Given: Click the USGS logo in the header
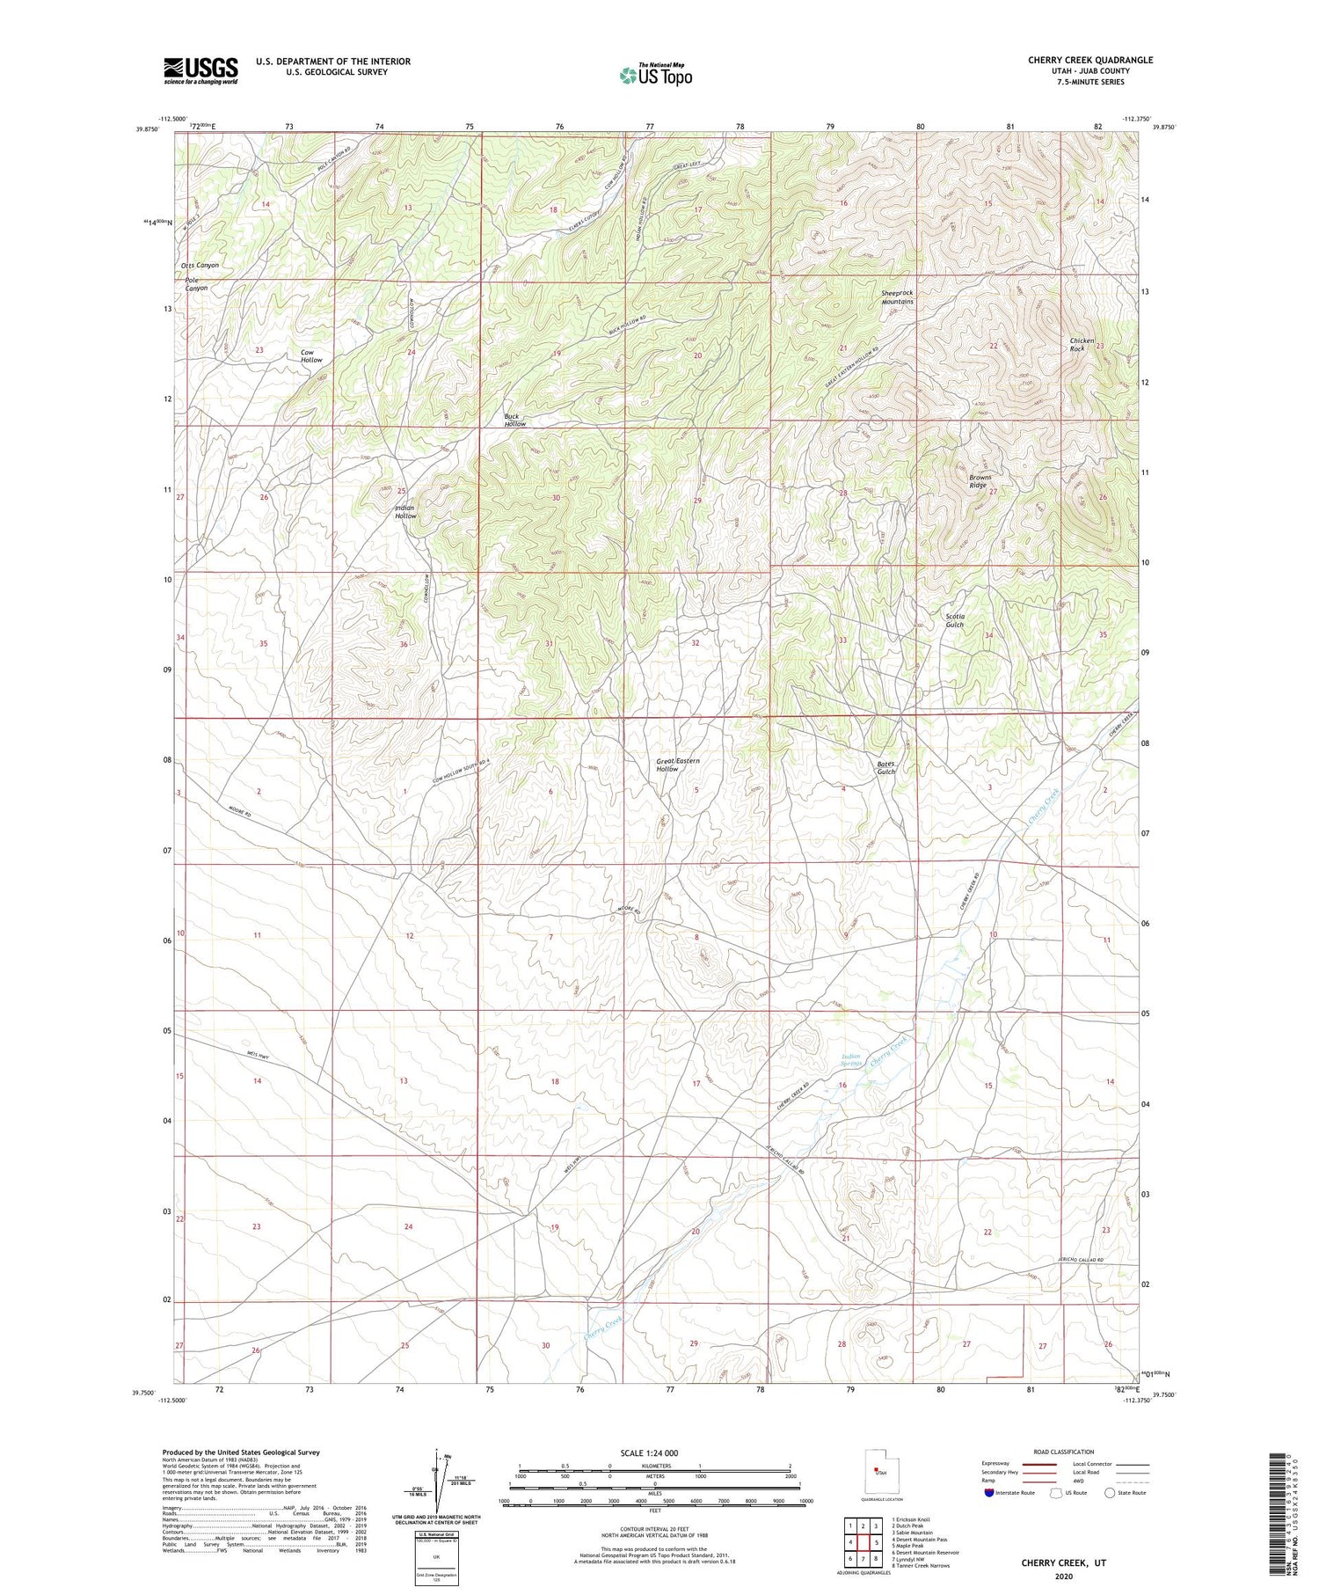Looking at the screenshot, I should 200,70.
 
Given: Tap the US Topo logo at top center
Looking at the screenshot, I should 655,75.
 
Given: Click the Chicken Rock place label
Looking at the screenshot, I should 1082,345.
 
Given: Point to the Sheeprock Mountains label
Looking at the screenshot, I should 897,297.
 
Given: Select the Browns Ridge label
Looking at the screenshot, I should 979,481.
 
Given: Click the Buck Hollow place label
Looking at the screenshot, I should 514,421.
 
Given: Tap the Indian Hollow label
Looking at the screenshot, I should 404,512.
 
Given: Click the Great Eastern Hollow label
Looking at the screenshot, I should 678,765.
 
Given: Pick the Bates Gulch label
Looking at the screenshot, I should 885,768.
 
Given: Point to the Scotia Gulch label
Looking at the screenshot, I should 955,620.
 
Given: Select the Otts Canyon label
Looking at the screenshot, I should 200,265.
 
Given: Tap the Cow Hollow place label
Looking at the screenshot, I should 311,356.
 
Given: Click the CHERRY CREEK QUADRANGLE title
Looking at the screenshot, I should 1090,60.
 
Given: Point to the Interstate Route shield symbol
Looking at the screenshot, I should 990,1493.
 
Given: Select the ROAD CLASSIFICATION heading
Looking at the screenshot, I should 1064,1452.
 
